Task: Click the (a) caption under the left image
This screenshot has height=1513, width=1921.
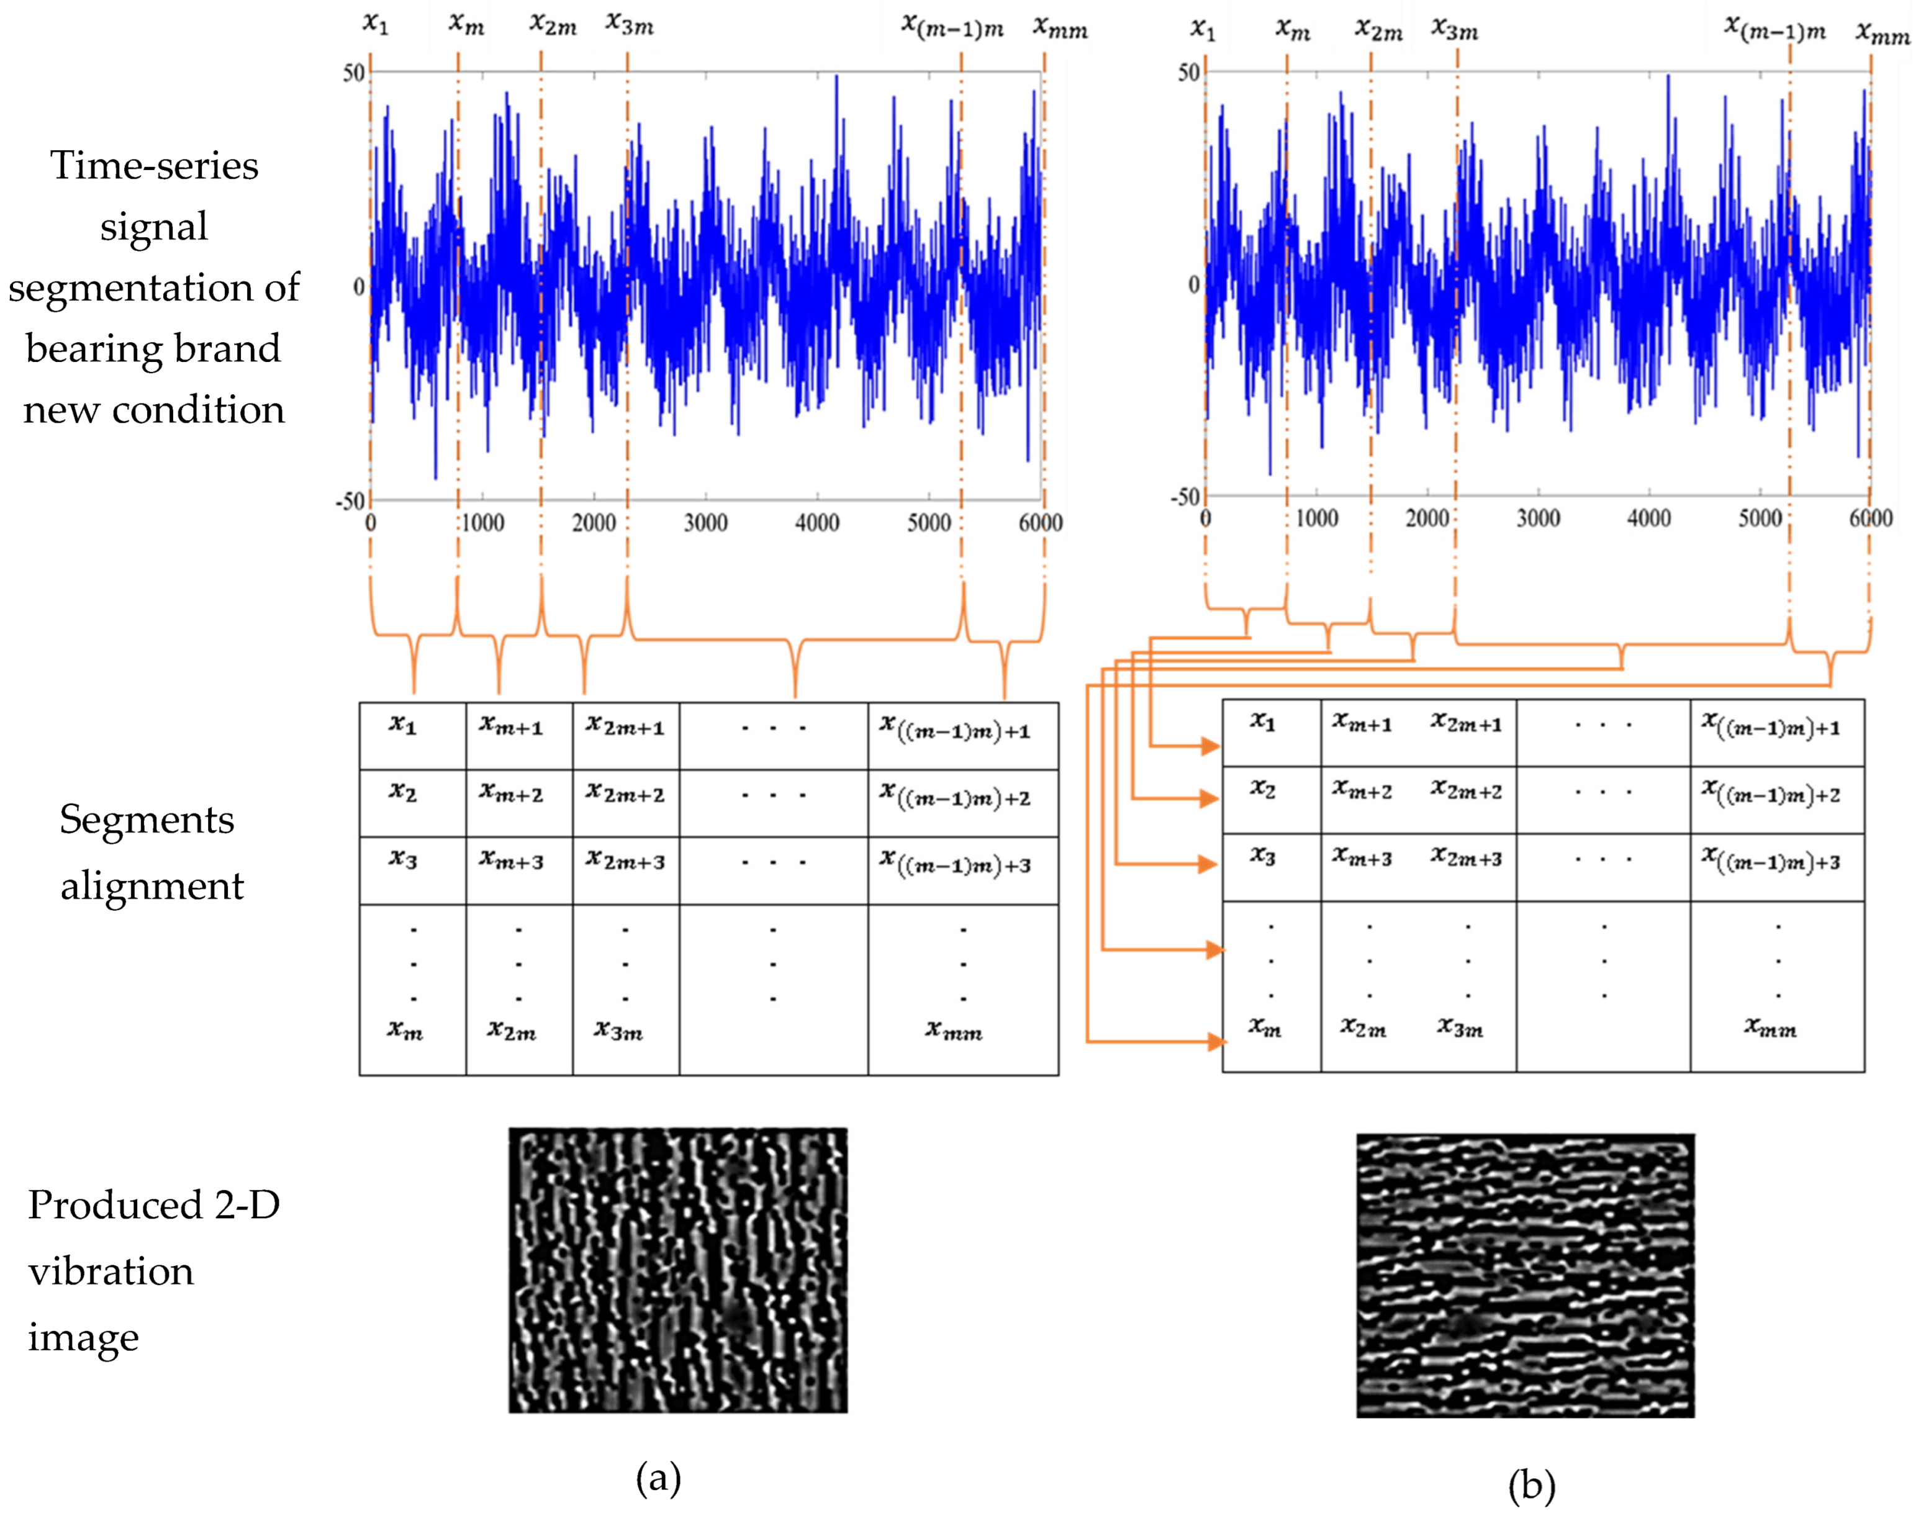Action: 658,1477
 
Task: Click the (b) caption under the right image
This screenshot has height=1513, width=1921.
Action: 1530,1486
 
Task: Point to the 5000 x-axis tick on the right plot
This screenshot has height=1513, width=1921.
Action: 1759,518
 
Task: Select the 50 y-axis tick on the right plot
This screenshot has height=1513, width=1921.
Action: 1188,73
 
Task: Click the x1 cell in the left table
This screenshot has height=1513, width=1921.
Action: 403,726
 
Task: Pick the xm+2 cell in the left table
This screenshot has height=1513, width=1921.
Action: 511,793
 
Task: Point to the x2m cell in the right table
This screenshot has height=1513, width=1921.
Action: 1363,1027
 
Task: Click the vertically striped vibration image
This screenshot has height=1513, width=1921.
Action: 677,1270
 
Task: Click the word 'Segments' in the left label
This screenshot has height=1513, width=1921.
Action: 147,820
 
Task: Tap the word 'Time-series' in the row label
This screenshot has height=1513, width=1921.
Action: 154,166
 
